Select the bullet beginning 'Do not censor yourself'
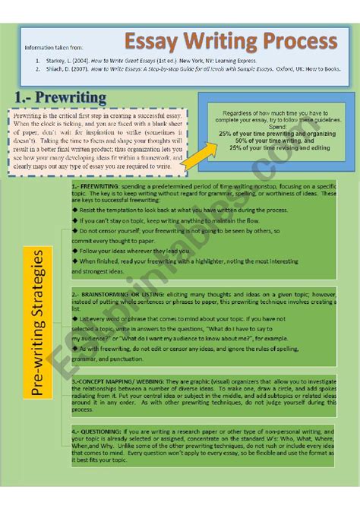pyautogui.click(x=175, y=230)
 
